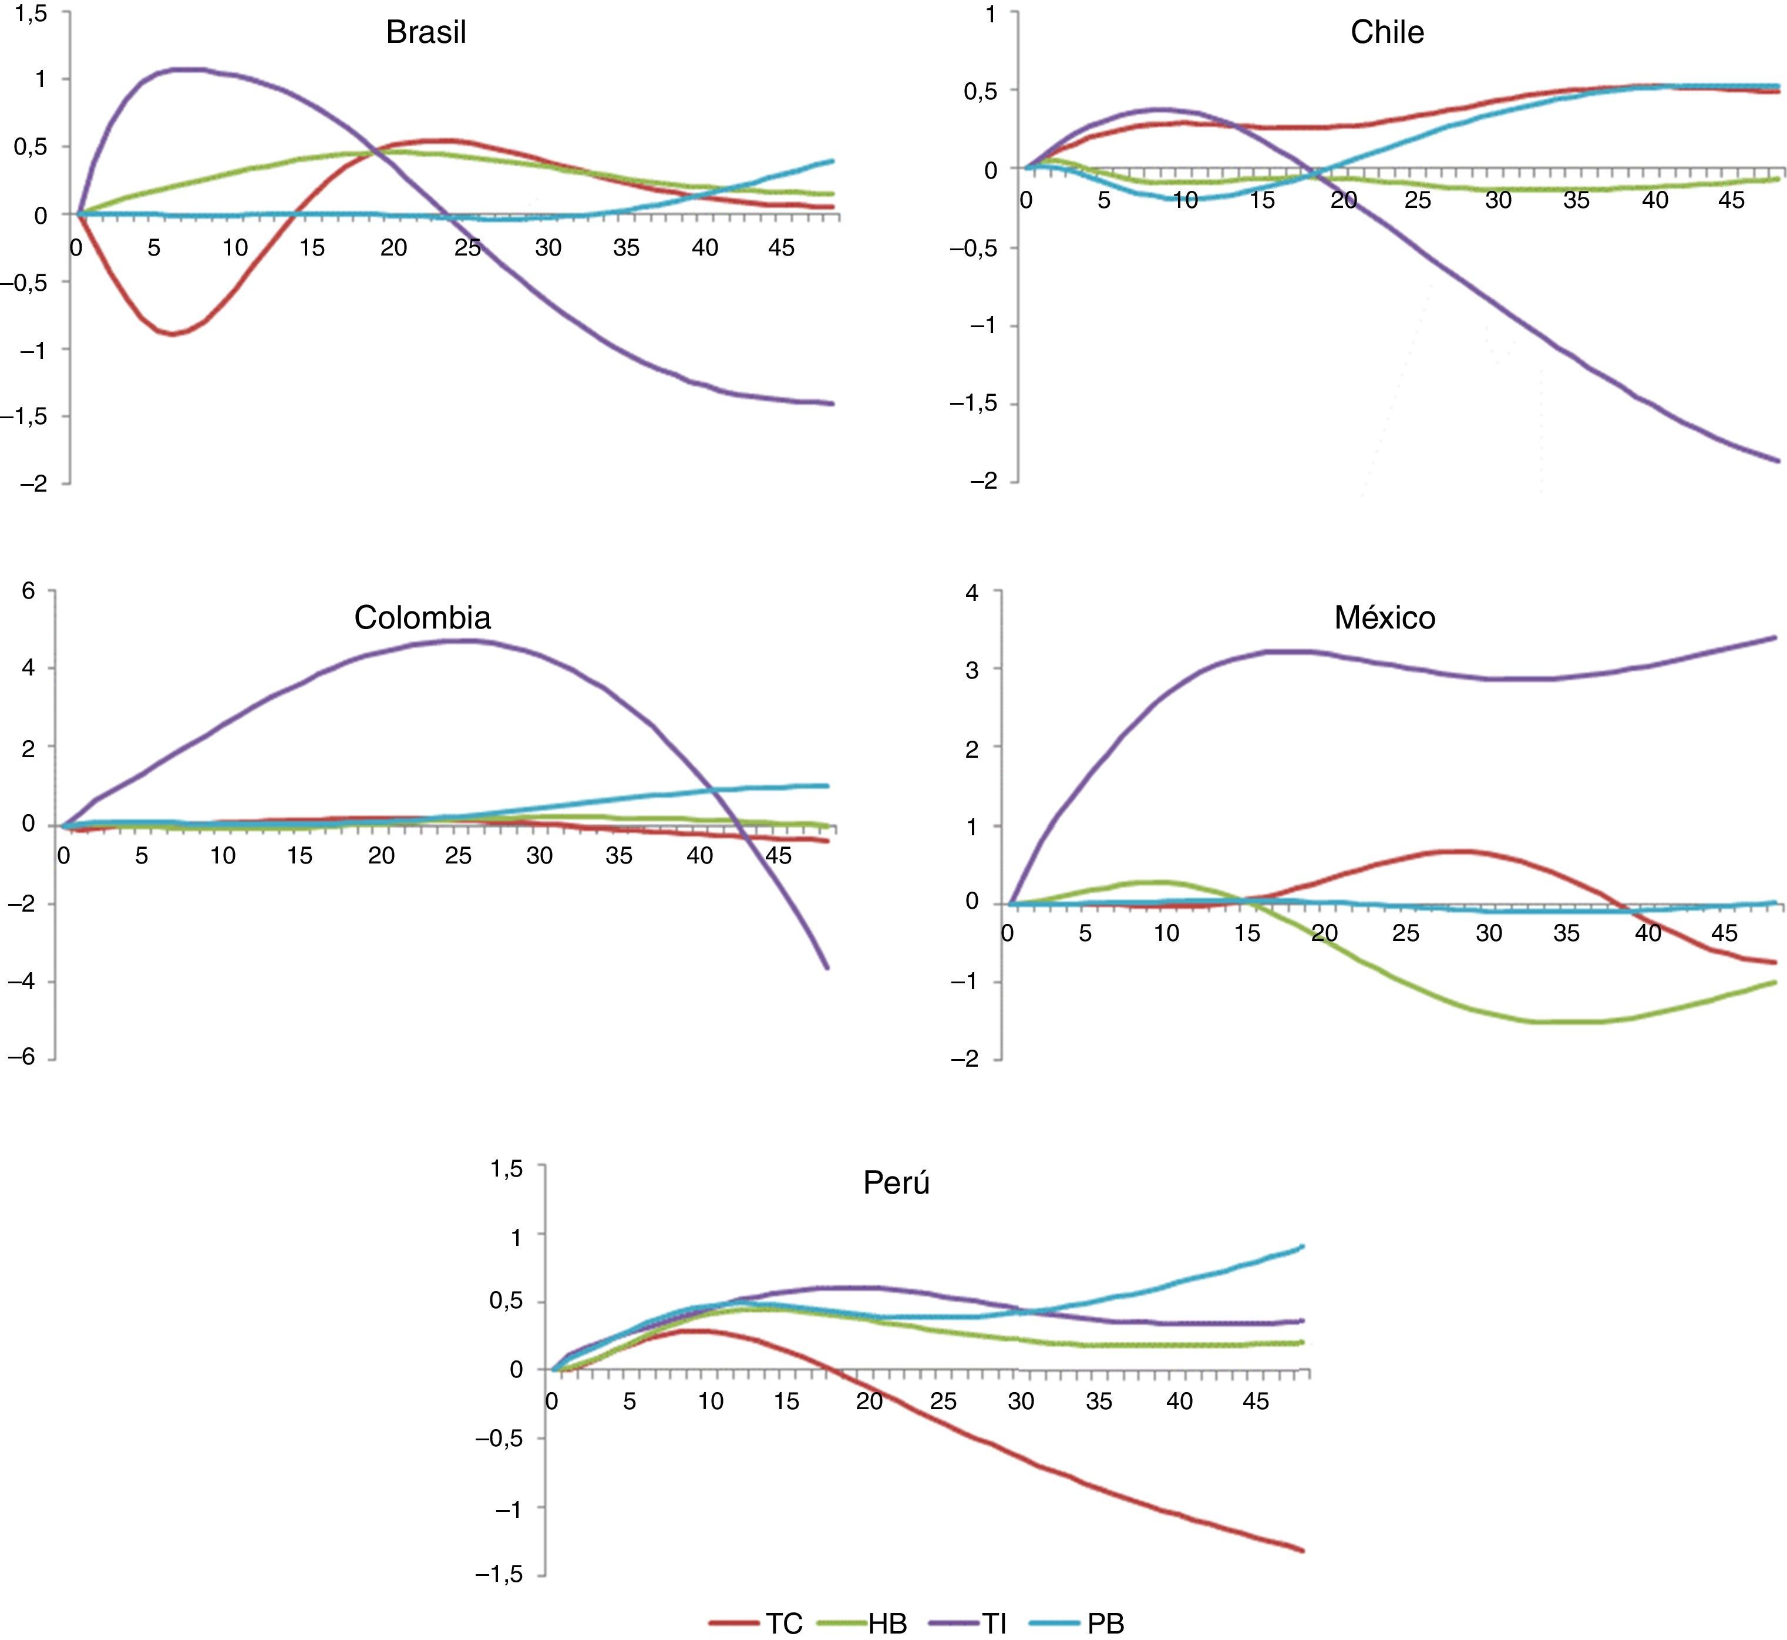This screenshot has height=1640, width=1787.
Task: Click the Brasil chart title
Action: click(425, 33)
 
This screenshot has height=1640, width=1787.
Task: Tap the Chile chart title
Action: click(1387, 33)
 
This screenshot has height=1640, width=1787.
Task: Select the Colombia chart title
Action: click(422, 618)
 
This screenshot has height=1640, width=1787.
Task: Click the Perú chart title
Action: click(896, 1183)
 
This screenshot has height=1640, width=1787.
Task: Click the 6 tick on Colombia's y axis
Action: click(28, 591)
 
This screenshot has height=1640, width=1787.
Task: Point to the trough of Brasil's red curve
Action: click(173, 334)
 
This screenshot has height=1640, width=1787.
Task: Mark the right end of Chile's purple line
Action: click(1778, 461)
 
